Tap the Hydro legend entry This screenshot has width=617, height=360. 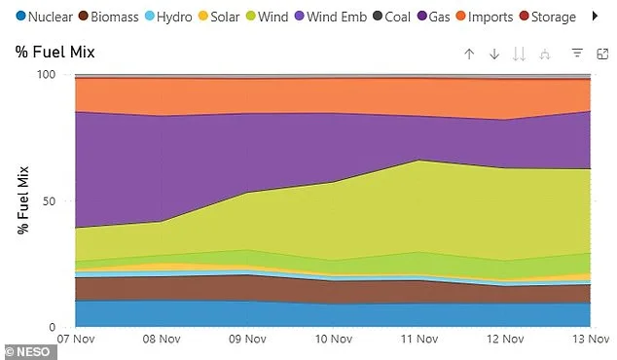point(172,17)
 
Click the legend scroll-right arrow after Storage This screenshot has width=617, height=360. point(597,17)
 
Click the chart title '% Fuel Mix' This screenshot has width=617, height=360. point(55,52)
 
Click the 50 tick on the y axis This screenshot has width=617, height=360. point(51,200)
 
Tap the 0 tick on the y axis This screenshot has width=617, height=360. point(54,327)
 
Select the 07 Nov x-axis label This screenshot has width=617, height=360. point(76,340)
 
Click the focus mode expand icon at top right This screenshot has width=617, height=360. point(601,54)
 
